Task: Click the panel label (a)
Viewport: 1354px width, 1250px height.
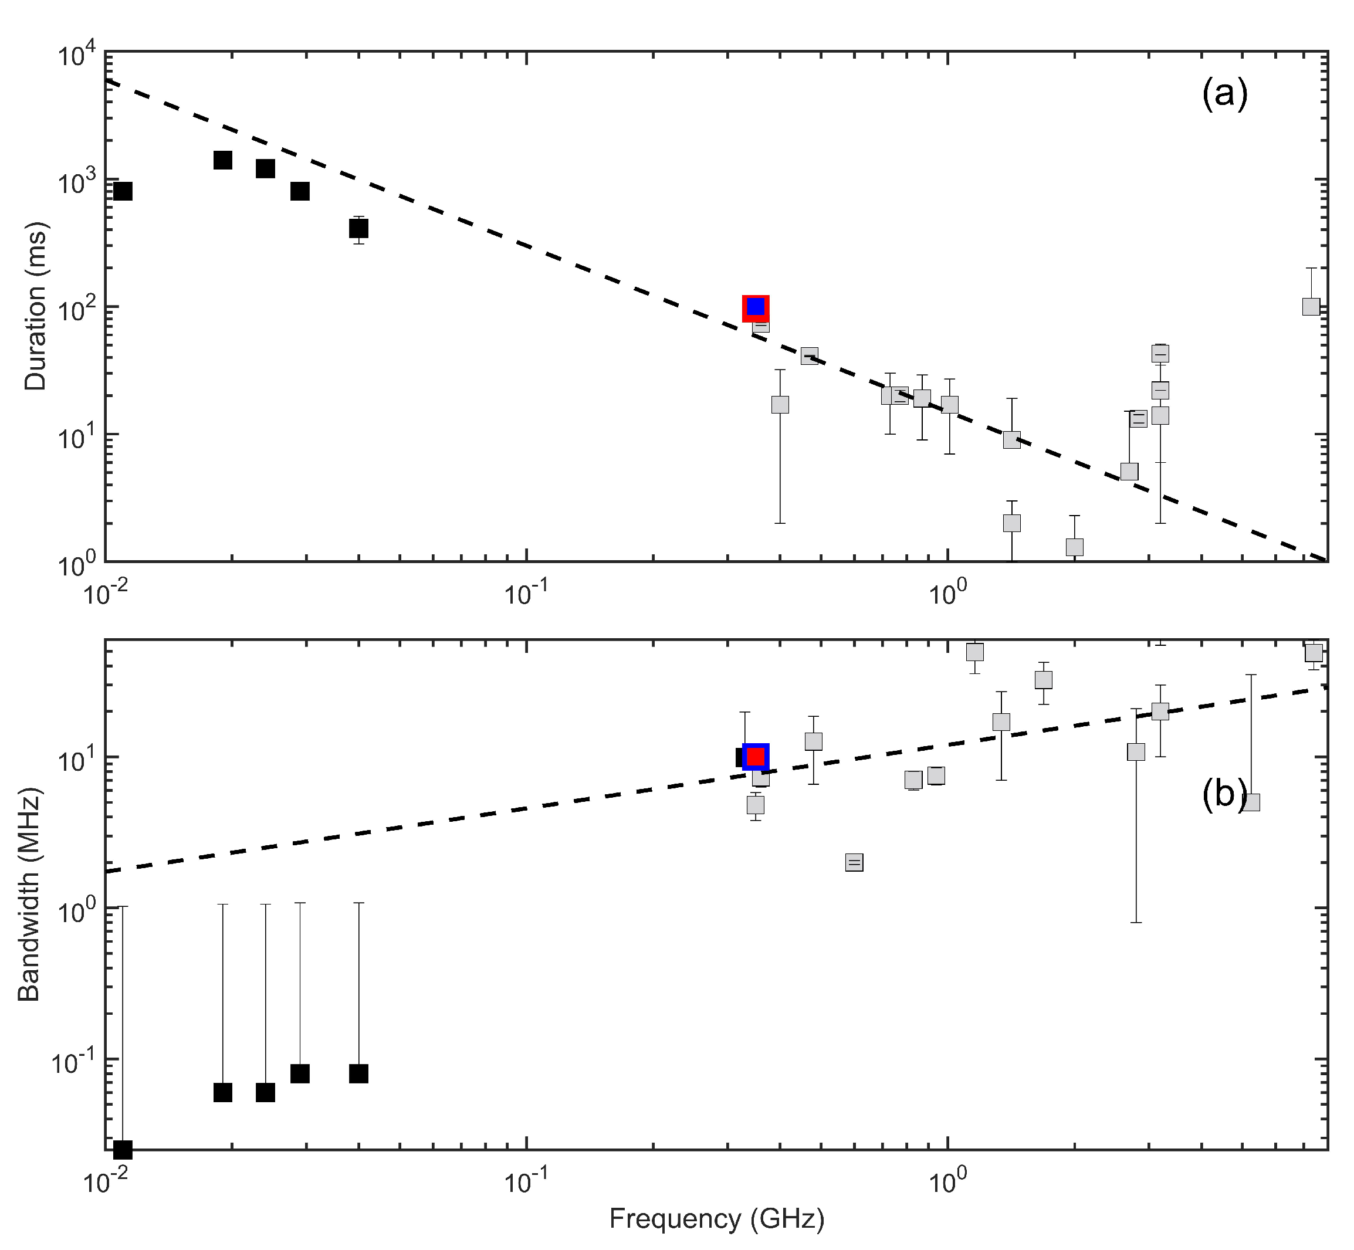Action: click(1224, 94)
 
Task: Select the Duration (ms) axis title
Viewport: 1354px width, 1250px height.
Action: click(35, 306)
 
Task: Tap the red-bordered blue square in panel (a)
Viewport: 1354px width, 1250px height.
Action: click(756, 308)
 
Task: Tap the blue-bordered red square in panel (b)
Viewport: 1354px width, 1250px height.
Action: click(756, 756)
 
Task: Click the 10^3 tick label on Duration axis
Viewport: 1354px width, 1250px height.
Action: click(76, 182)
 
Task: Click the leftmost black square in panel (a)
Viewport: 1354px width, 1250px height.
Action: click(123, 191)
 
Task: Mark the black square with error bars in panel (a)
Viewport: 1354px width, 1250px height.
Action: click(358, 228)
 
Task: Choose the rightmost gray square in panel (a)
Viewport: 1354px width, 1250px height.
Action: click(1311, 306)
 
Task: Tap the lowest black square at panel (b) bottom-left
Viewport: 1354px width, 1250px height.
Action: click(123, 1149)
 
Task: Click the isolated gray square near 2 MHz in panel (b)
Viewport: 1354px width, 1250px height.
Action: click(854, 862)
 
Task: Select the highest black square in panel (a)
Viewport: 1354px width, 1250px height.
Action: click(222, 160)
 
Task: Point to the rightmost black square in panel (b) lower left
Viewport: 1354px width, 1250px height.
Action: click(358, 1073)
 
